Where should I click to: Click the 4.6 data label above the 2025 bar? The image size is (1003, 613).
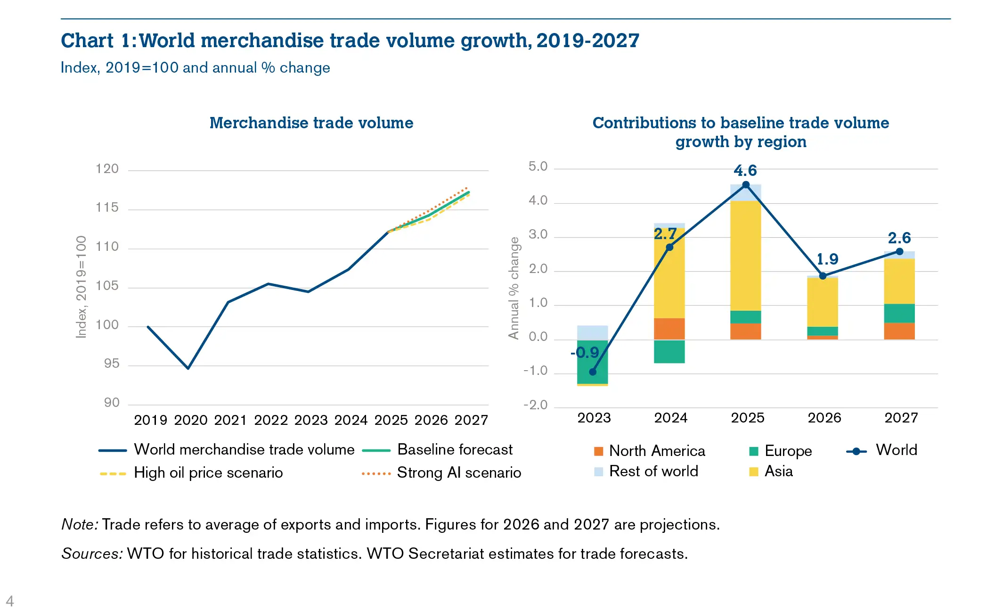(x=745, y=171)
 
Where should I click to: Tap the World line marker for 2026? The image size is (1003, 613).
(x=823, y=276)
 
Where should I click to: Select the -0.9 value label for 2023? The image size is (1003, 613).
(x=585, y=353)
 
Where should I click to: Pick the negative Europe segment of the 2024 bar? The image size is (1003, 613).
(x=669, y=352)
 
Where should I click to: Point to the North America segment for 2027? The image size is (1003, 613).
(x=899, y=331)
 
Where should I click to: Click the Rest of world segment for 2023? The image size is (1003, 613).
(x=592, y=332)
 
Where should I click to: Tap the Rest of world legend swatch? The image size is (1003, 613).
(x=598, y=472)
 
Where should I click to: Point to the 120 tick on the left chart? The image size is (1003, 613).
(x=107, y=169)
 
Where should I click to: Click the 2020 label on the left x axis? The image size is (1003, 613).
(x=191, y=420)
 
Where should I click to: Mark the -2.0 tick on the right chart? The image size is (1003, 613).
(x=535, y=405)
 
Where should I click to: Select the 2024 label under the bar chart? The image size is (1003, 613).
(x=670, y=418)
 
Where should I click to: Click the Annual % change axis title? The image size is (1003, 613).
(x=514, y=288)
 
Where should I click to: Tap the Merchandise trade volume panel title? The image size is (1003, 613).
(x=311, y=123)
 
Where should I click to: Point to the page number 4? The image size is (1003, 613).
(x=10, y=601)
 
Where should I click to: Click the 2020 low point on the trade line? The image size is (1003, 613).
(x=188, y=368)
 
